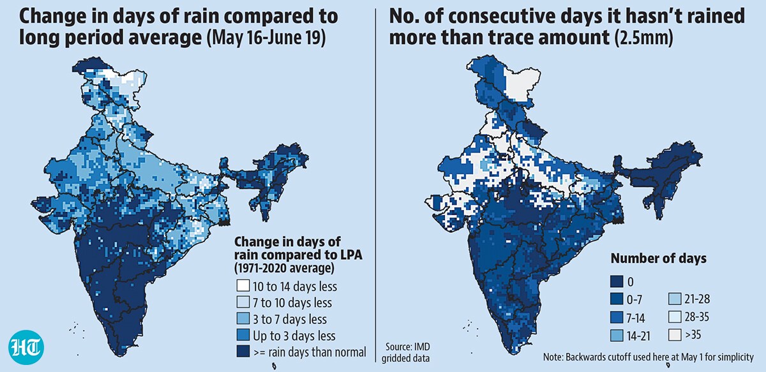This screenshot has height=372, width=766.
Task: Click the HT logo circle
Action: [26, 347]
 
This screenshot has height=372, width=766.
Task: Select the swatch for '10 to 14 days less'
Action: [243, 285]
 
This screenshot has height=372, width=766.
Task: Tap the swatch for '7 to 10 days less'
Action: [243, 302]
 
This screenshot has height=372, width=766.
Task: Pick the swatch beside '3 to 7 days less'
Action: [243, 318]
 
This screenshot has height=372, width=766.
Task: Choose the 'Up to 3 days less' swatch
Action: [243, 335]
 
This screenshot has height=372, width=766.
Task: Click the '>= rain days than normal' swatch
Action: [243, 351]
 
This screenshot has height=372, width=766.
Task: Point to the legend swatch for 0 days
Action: [617, 281]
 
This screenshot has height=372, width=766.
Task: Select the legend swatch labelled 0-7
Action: [617, 299]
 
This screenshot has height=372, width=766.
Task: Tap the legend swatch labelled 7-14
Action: [617, 317]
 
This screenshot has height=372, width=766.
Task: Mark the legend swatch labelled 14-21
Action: [617, 336]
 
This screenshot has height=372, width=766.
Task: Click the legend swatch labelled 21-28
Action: [675, 299]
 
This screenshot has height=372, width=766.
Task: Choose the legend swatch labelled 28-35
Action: [675, 317]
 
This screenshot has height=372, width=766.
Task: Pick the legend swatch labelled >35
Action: [675, 335]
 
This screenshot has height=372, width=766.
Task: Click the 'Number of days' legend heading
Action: [658, 258]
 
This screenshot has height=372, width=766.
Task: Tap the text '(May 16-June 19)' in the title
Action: [266, 37]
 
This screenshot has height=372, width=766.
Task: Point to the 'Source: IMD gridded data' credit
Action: [406, 352]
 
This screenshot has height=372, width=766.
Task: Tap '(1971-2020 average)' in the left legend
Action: [284, 268]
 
